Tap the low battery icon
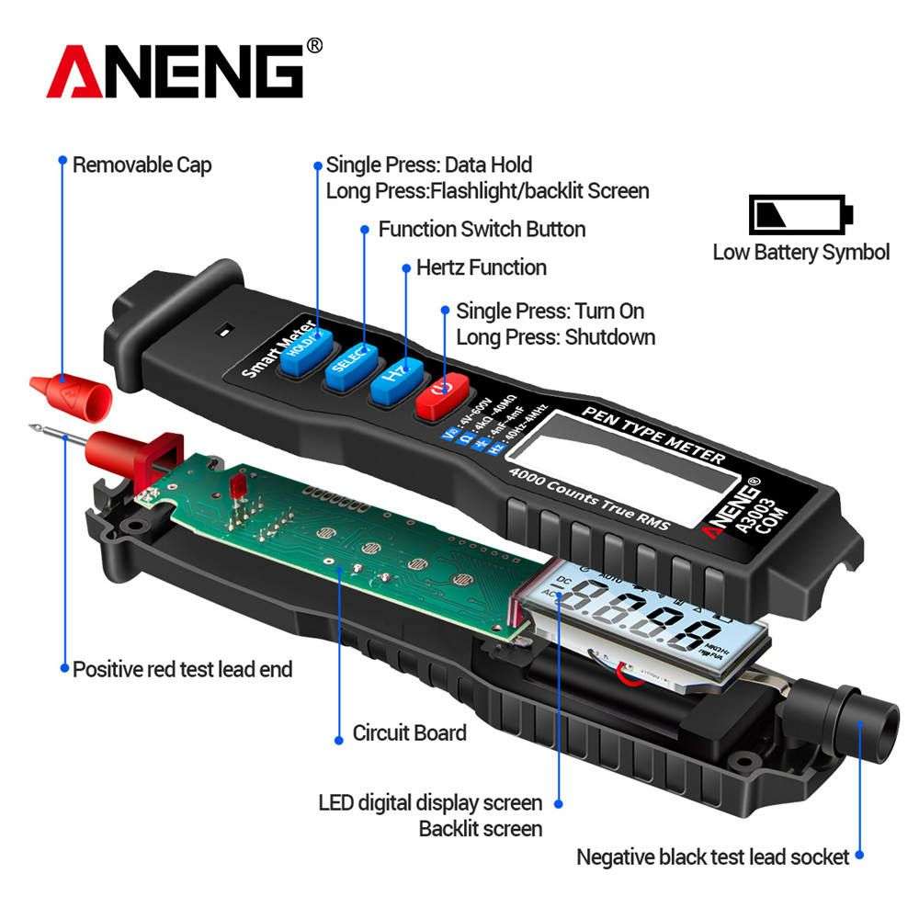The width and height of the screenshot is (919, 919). point(800,214)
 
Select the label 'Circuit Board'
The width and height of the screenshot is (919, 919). point(410,733)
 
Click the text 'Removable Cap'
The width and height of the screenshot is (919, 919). point(142,165)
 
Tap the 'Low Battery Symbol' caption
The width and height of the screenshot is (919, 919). point(801,252)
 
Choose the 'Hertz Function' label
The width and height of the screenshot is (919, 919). point(482,267)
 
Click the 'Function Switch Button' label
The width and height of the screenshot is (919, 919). point(482,229)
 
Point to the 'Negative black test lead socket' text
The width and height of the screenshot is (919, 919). point(712,857)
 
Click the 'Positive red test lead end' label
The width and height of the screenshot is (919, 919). point(182,669)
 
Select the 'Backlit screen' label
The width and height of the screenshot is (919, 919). point(481,828)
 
